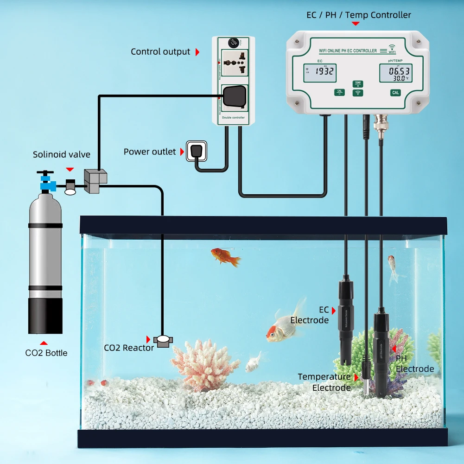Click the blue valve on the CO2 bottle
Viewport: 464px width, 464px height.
46,184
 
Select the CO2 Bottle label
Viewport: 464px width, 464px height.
46,353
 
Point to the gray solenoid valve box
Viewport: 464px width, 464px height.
95,181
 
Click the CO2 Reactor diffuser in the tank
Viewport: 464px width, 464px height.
163,341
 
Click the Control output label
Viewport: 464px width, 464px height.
160,51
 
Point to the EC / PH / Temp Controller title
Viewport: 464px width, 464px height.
358,15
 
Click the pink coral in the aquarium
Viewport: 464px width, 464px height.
199,364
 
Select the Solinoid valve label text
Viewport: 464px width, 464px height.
62,154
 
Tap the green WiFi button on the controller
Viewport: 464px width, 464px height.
357,93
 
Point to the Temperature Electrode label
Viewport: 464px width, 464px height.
324,382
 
